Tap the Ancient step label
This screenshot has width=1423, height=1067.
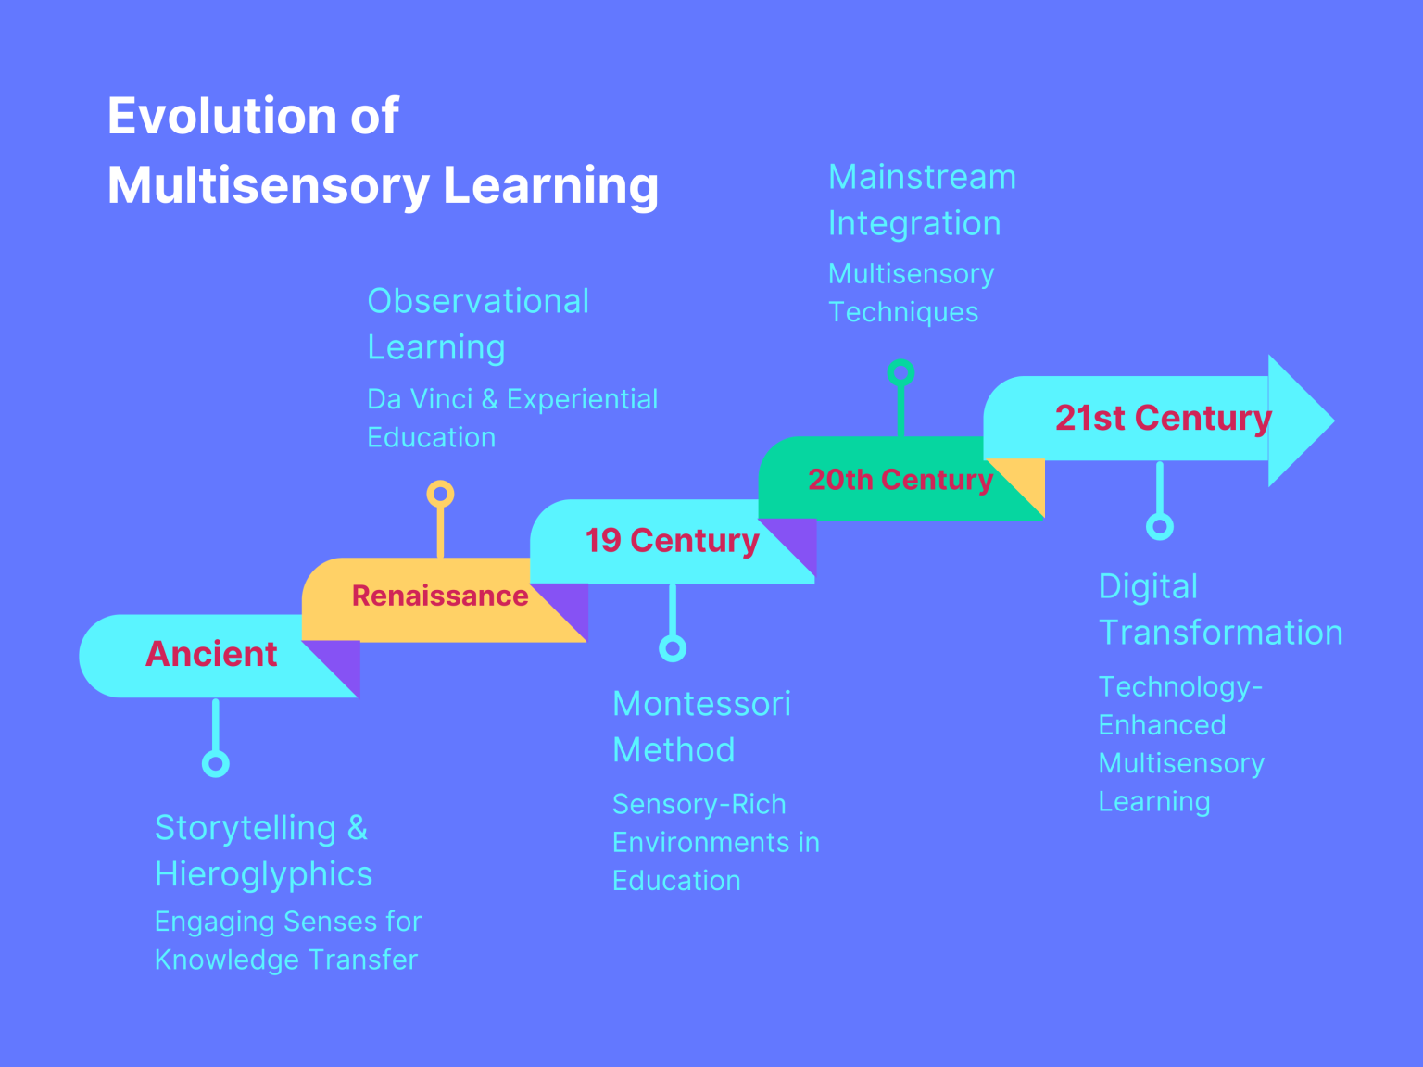click(x=211, y=654)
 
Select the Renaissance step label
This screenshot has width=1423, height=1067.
click(x=439, y=596)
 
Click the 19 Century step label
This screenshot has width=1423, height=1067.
click(x=672, y=540)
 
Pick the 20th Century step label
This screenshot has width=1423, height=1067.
click(x=900, y=480)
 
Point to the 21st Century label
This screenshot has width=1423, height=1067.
click(x=1163, y=418)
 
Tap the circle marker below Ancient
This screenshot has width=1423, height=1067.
click(x=216, y=764)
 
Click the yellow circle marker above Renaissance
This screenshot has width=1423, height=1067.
click(x=440, y=494)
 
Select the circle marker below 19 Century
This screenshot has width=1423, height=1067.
click(x=673, y=648)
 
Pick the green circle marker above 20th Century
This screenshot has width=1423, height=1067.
click(x=900, y=373)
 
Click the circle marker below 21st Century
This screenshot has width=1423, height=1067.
click(x=1160, y=527)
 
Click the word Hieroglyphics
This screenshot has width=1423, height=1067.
click(x=263, y=874)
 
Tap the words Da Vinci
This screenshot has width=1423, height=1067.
click(x=420, y=399)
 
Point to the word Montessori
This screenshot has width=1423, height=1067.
click(x=701, y=704)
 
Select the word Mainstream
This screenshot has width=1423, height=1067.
click(x=922, y=177)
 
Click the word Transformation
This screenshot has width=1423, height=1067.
click(x=1220, y=633)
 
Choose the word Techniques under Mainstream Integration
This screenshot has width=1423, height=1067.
click(x=903, y=312)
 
